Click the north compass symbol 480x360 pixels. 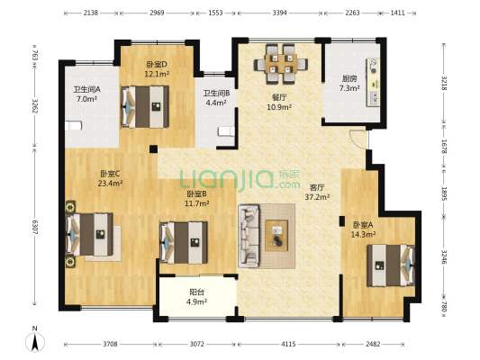point(34,340)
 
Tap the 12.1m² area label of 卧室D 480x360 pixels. point(157,74)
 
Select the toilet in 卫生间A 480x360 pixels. point(73,126)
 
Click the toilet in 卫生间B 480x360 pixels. point(226,131)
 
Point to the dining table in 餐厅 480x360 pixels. point(281,64)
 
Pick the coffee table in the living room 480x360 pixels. point(276,236)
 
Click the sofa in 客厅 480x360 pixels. point(249,236)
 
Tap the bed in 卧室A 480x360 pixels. point(391,265)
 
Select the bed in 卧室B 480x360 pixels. point(184,242)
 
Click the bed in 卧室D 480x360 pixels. point(145,106)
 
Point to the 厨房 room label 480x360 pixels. point(349,78)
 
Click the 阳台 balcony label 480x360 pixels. point(197,292)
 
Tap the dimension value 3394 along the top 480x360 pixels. point(279,13)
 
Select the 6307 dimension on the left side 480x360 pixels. point(34,228)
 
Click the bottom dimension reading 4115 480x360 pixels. point(288,344)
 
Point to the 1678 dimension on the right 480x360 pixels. point(444,147)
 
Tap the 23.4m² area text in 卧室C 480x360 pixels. point(110,184)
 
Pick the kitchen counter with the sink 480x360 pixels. point(373,82)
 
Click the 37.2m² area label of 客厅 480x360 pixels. point(317,197)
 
